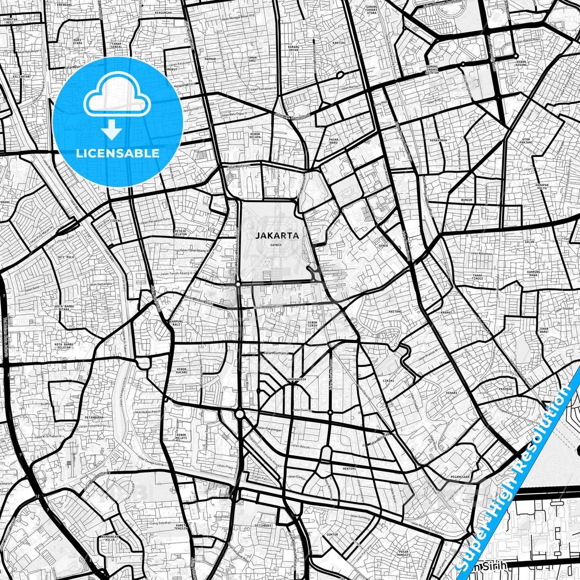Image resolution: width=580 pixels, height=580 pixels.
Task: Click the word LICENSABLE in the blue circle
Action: click(118, 153)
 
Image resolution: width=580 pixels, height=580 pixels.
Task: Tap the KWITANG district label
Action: click(395, 311)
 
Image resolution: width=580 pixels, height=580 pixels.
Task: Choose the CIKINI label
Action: click(388, 381)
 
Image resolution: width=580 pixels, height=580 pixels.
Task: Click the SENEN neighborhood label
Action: click(383, 246)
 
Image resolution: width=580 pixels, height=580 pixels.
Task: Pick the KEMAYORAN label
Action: click(438, 140)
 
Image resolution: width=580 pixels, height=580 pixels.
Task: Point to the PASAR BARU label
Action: click(334, 140)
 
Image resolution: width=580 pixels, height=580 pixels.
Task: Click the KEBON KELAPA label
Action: click(255, 136)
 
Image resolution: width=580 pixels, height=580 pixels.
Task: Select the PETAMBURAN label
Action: click(94, 417)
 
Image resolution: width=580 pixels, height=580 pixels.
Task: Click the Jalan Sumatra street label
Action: click(276, 353)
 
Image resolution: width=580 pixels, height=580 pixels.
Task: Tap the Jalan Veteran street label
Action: click(238, 166)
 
